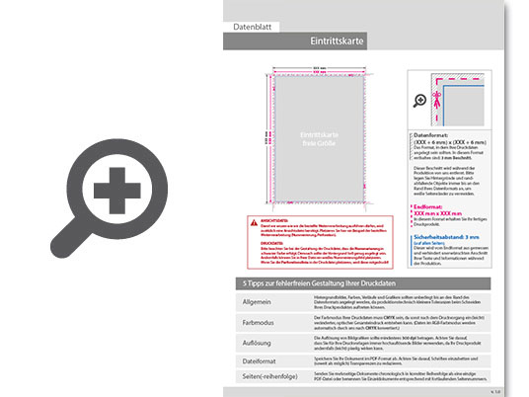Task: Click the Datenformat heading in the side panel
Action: [438, 133]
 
